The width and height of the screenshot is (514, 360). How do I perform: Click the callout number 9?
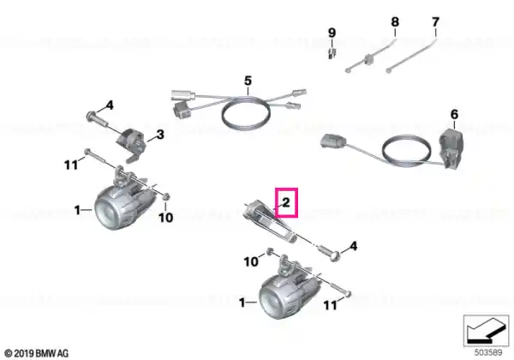point(332,33)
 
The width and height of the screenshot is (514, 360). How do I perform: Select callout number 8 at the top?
point(395,22)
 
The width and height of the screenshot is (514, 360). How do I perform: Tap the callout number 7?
point(435,22)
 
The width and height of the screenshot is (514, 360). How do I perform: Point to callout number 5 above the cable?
point(248,81)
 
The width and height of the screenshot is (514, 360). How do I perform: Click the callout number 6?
point(454,114)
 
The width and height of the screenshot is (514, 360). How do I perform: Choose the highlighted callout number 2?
point(286,202)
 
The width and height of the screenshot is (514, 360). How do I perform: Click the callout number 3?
point(160,135)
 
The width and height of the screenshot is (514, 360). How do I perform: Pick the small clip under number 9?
point(332,53)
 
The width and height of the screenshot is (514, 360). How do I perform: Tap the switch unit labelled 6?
point(451,149)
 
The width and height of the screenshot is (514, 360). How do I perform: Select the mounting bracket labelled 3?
point(131,144)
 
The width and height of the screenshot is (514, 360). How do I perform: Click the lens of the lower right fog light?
point(271,300)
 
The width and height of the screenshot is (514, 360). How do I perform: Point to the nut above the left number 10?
point(166,197)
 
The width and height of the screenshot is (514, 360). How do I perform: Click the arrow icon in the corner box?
point(486,331)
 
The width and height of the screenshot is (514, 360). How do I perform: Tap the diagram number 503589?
point(488,352)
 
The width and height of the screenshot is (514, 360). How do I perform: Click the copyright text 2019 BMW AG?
point(37,353)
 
